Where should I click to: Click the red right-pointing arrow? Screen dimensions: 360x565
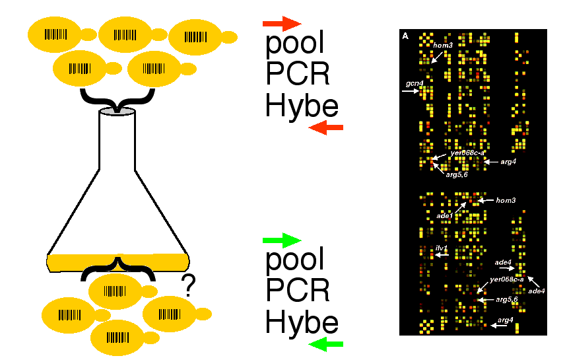click(282, 24)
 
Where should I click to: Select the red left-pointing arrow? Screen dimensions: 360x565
click(326, 128)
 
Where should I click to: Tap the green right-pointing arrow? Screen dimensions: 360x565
click(282, 240)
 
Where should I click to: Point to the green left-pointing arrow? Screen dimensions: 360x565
click(326, 343)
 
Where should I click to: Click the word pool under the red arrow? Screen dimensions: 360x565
click(294, 44)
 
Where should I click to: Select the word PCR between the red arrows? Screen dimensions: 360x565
click(297, 74)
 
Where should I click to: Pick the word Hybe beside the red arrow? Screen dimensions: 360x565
click(302, 106)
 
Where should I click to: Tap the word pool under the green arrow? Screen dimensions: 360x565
click(294, 260)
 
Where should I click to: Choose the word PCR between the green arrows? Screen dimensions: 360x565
click(297, 290)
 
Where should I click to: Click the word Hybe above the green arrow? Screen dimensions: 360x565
click(302, 322)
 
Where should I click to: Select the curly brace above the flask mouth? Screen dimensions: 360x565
click(117, 100)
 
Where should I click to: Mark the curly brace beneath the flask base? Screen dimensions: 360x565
click(119, 269)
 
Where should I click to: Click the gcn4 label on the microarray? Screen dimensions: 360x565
click(414, 83)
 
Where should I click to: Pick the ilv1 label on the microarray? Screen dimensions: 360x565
click(442, 247)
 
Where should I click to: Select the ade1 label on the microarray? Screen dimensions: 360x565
click(445, 215)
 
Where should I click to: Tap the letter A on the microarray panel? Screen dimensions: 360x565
click(405, 37)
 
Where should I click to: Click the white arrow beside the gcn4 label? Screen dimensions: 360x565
click(411, 92)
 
